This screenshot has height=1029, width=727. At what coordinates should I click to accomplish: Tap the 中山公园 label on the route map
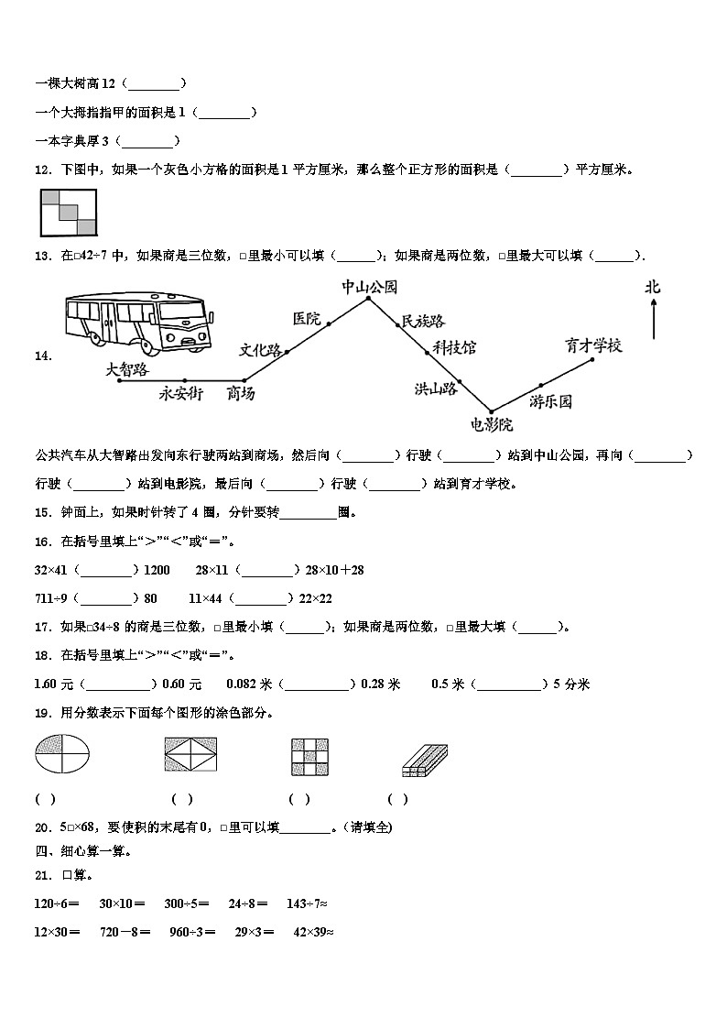369,286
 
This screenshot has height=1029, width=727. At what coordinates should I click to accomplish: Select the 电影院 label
492,424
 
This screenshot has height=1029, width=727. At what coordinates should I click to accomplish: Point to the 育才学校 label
593,345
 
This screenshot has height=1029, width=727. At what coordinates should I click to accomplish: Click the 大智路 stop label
126,368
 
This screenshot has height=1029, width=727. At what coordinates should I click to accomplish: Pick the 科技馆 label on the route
454,347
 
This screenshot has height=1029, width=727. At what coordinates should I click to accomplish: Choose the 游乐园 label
550,401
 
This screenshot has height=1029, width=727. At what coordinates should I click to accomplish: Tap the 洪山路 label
435,389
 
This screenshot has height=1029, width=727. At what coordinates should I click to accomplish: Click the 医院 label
307,318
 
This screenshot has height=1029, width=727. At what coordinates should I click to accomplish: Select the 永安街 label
180,394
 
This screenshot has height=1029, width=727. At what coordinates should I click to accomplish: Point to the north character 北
652,288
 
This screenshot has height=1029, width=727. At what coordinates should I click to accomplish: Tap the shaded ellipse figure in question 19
63,758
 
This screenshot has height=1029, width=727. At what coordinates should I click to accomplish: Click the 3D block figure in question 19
424,760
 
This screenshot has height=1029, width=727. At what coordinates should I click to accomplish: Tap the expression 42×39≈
312,932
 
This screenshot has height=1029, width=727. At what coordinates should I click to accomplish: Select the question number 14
43,357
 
